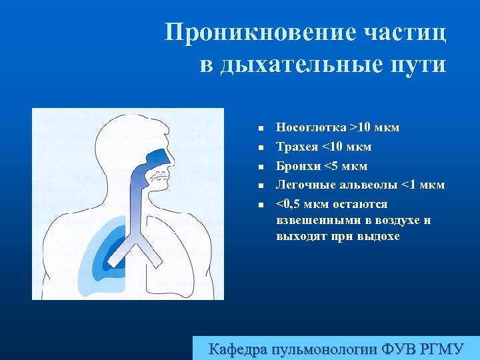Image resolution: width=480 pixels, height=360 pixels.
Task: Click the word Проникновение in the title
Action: [259, 33]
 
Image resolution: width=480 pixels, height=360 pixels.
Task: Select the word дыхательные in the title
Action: [299, 65]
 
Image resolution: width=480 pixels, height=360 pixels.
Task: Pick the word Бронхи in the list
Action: [297, 166]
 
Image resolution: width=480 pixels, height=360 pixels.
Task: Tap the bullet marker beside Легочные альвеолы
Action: [262, 185]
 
